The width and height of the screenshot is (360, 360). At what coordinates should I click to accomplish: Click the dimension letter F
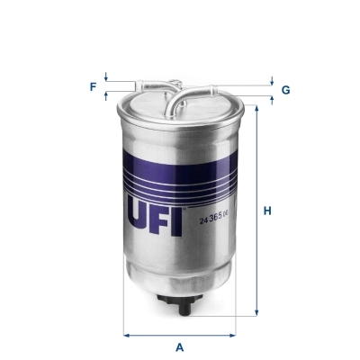[92, 86]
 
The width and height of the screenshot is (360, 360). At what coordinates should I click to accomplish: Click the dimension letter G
[285, 90]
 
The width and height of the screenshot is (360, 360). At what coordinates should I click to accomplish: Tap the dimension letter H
[267, 211]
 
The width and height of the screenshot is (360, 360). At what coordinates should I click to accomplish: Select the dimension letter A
[180, 346]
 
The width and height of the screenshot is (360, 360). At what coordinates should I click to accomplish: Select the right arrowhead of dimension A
[235, 335]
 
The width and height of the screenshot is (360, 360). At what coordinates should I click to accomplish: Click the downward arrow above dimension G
[271, 82]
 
